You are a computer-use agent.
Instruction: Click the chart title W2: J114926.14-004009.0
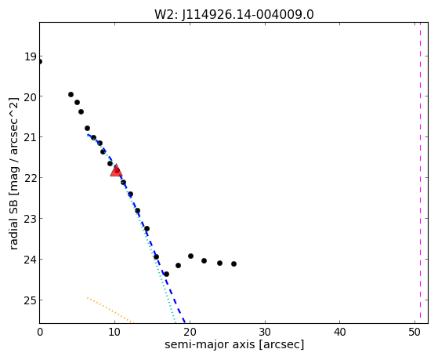coord(234,14)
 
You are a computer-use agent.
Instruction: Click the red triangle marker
coord(116,171)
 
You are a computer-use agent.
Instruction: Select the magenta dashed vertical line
coord(420,173)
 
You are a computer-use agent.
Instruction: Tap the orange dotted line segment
coord(110,311)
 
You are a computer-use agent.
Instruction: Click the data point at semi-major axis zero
coord(40,61)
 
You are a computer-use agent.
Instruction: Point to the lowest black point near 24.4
coord(166,274)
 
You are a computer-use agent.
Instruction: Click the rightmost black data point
coord(233,264)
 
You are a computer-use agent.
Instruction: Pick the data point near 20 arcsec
coord(190,256)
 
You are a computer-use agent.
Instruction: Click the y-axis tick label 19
coord(31,56)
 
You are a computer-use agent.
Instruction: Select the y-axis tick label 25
coord(31,300)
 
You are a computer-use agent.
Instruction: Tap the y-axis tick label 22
coord(31,178)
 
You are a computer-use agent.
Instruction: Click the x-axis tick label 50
coord(414,332)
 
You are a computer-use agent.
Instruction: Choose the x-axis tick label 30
coord(265,332)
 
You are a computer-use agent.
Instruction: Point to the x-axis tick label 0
coord(40,332)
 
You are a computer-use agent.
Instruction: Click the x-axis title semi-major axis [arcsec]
coord(234,344)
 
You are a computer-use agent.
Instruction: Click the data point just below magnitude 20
coord(71,95)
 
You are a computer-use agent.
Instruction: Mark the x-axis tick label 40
coord(340,332)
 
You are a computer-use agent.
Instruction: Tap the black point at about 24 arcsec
coord(220,263)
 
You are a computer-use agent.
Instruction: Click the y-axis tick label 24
coord(31,260)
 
